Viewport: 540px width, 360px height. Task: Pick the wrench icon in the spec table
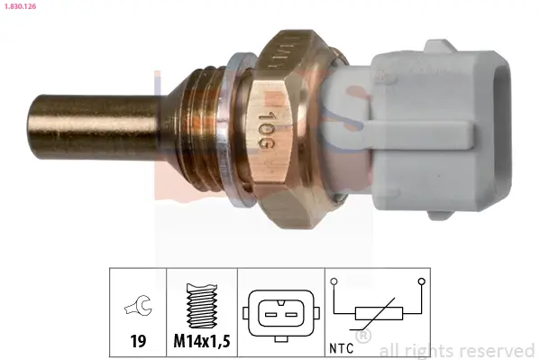coord(139,310)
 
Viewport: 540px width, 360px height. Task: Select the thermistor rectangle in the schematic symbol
coord(378,314)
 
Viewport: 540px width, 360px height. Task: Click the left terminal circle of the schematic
coord(335,282)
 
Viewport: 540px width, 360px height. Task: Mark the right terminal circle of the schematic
coord(420,282)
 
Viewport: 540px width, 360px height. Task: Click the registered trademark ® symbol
coord(363,337)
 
